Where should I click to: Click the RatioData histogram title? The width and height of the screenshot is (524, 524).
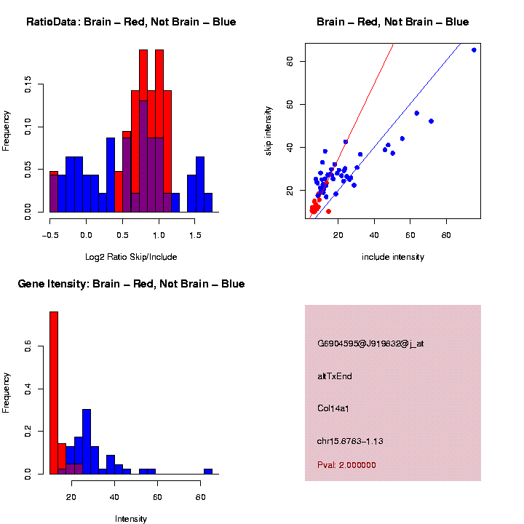pos(131,22)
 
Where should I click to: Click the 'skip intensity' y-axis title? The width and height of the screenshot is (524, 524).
pos(268,129)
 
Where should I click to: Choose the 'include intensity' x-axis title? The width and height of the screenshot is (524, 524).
pos(392,257)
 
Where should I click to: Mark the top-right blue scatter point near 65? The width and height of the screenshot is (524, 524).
pos(474,50)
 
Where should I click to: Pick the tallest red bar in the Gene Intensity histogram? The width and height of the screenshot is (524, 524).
pos(54,393)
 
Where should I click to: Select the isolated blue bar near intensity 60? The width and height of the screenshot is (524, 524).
pos(208,471)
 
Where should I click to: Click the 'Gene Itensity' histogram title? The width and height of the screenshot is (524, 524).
pos(131,284)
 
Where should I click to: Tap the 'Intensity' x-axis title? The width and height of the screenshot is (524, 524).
pos(131,519)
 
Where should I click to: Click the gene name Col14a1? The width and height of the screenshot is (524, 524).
pos(333,408)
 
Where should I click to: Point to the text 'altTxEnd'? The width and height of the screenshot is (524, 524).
pos(335,376)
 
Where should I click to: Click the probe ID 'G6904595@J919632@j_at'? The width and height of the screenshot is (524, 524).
pos(370,344)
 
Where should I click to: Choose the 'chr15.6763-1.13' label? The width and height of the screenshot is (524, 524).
pos(350,441)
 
